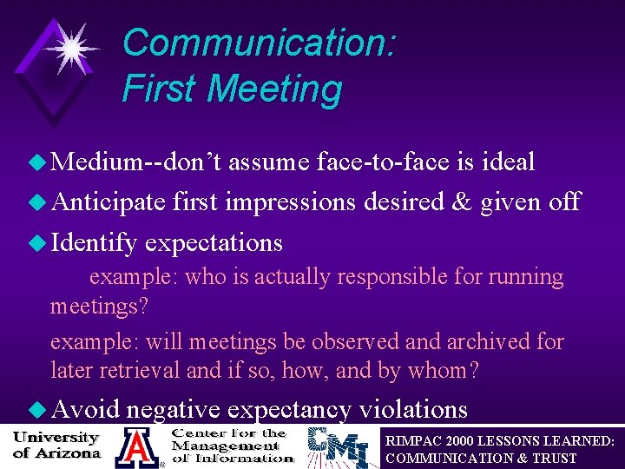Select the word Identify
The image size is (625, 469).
[x=94, y=242]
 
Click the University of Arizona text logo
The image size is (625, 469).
[x=57, y=444]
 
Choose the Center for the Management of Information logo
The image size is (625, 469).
[x=231, y=446]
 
